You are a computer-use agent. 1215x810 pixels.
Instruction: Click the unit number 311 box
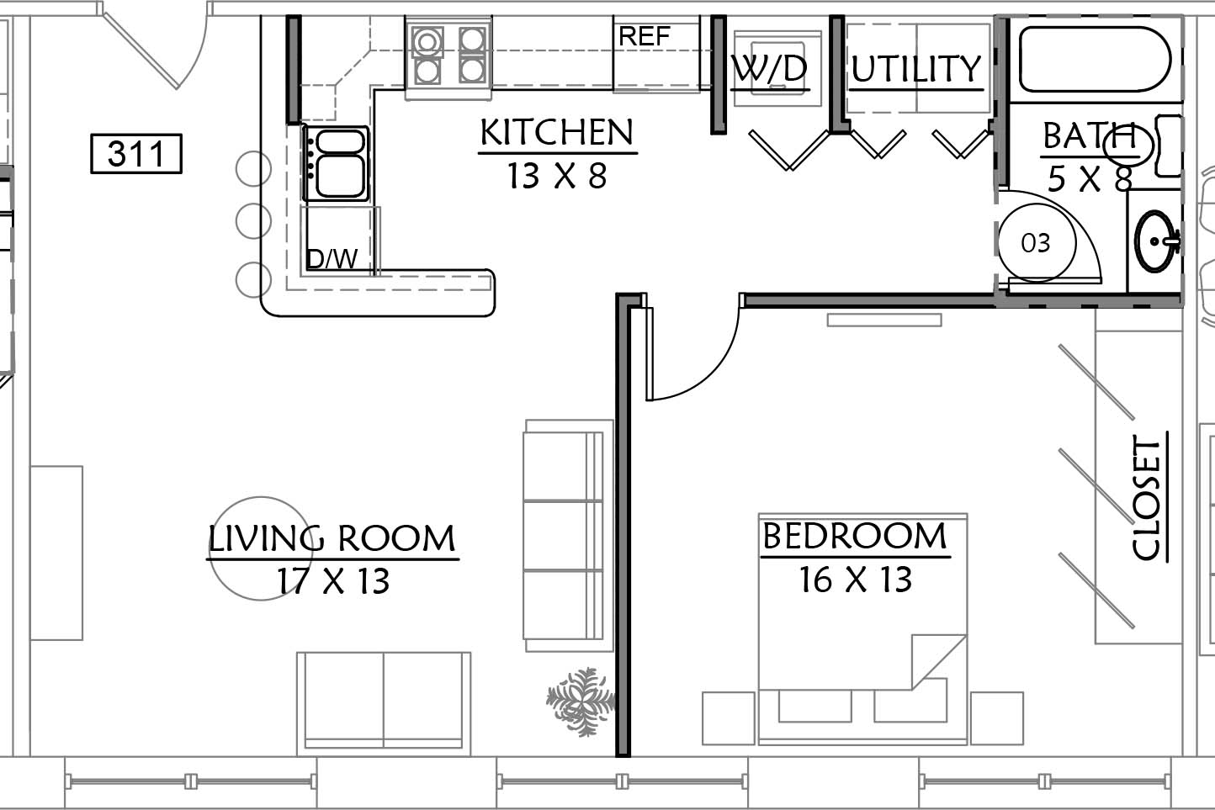click(x=136, y=154)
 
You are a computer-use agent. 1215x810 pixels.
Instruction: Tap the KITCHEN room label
click(x=556, y=132)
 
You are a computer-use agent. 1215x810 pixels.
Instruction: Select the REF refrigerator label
click(x=645, y=36)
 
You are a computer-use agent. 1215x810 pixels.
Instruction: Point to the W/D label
click(x=770, y=70)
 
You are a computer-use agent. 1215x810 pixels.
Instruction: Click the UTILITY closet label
click(x=916, y=69)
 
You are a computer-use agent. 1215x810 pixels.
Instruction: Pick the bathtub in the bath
click(x=1096, y=59)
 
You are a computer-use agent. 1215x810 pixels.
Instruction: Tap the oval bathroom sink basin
click(x=1156, y=241)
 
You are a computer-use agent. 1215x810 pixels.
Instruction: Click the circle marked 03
click(x=1037, y=242)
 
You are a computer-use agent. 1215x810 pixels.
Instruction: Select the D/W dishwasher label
click(x=332, y=259)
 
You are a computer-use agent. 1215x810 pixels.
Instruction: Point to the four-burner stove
click(x=448, y=56)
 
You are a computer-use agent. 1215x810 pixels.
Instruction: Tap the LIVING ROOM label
click(x=332, y=538)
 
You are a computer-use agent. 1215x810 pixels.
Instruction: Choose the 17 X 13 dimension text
click(x=333, y=580)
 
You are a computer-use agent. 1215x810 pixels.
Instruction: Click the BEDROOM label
click(x=855, y=536)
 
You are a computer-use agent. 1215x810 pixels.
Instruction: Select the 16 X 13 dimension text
click(x=856, y=579)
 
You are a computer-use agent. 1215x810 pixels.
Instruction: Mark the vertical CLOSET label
click(x=1147, y=498)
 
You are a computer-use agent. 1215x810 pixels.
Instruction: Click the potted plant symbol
click(x=581, y=701)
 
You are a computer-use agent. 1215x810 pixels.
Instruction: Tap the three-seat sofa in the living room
click(x=568, y=536)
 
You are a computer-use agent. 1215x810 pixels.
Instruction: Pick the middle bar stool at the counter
click(x=253, y=220)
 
